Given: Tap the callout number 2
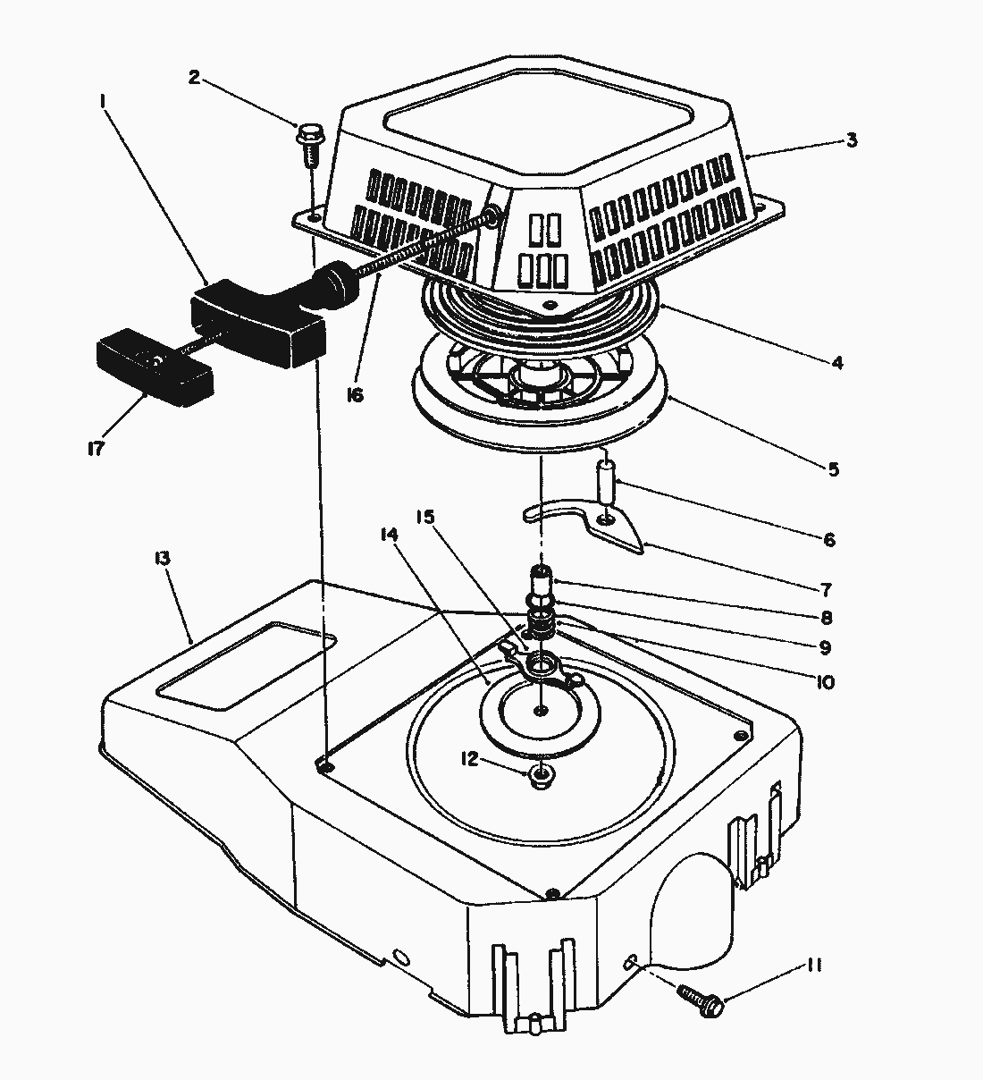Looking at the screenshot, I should point(194,76).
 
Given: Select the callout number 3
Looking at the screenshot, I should point(852,140).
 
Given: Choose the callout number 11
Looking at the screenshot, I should point(813,966).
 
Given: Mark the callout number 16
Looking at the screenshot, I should point(355,394).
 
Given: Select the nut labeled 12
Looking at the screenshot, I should point(540,775).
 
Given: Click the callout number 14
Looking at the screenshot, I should point(388,535).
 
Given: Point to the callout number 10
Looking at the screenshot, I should point(824,682).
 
